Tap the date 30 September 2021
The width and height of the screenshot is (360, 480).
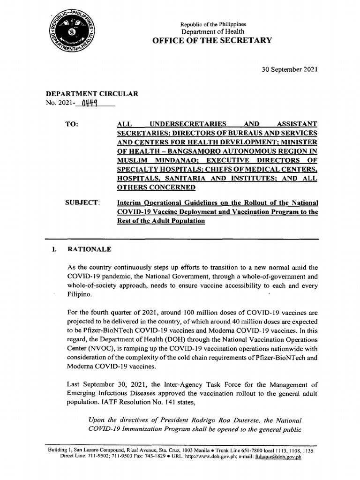289,69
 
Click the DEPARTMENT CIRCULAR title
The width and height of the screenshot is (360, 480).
92,94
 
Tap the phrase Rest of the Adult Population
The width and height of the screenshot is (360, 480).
161,221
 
